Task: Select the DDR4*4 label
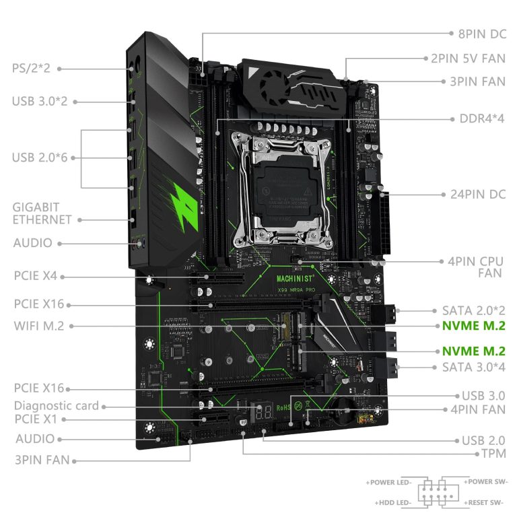(x=481, y=118)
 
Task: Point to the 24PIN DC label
(x=477, y=195)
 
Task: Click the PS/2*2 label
(x=36, y=68)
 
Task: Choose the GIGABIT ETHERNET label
(x=42, y=213)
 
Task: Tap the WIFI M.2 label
(x=38, y=326)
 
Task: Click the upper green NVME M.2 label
(x=473, y=326)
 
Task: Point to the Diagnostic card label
(x=57, y=405)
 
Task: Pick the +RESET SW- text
(x=485, y=503)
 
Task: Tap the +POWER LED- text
(x=390, y=483)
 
